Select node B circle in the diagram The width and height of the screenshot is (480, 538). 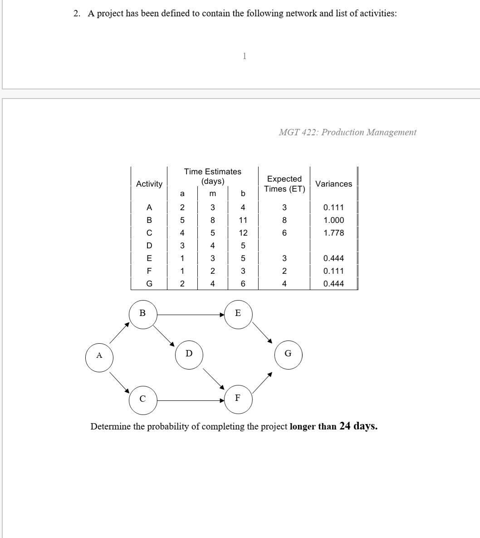point(143,313)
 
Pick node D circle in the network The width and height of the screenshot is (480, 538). point(189,354)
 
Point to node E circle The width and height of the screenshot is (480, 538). point(238,313)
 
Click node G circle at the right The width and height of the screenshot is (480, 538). point(288,354)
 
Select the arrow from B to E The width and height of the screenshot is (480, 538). point(191,314)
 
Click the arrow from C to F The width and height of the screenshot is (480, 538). point(191,401)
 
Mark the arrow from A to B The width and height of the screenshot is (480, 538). point(119,333)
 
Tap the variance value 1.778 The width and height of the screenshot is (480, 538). point(333,233)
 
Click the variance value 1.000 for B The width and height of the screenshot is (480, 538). point(333,220)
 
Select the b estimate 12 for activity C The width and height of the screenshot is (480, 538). point(243,233)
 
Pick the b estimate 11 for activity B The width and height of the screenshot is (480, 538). point(243,220)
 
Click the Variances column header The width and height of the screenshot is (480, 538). point(333,184)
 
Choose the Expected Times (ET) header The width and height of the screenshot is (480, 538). point(284,184)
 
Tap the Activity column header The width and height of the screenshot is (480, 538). point(149,184)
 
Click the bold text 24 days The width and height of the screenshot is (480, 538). point(358,426)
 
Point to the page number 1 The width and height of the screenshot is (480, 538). point(245,56)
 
